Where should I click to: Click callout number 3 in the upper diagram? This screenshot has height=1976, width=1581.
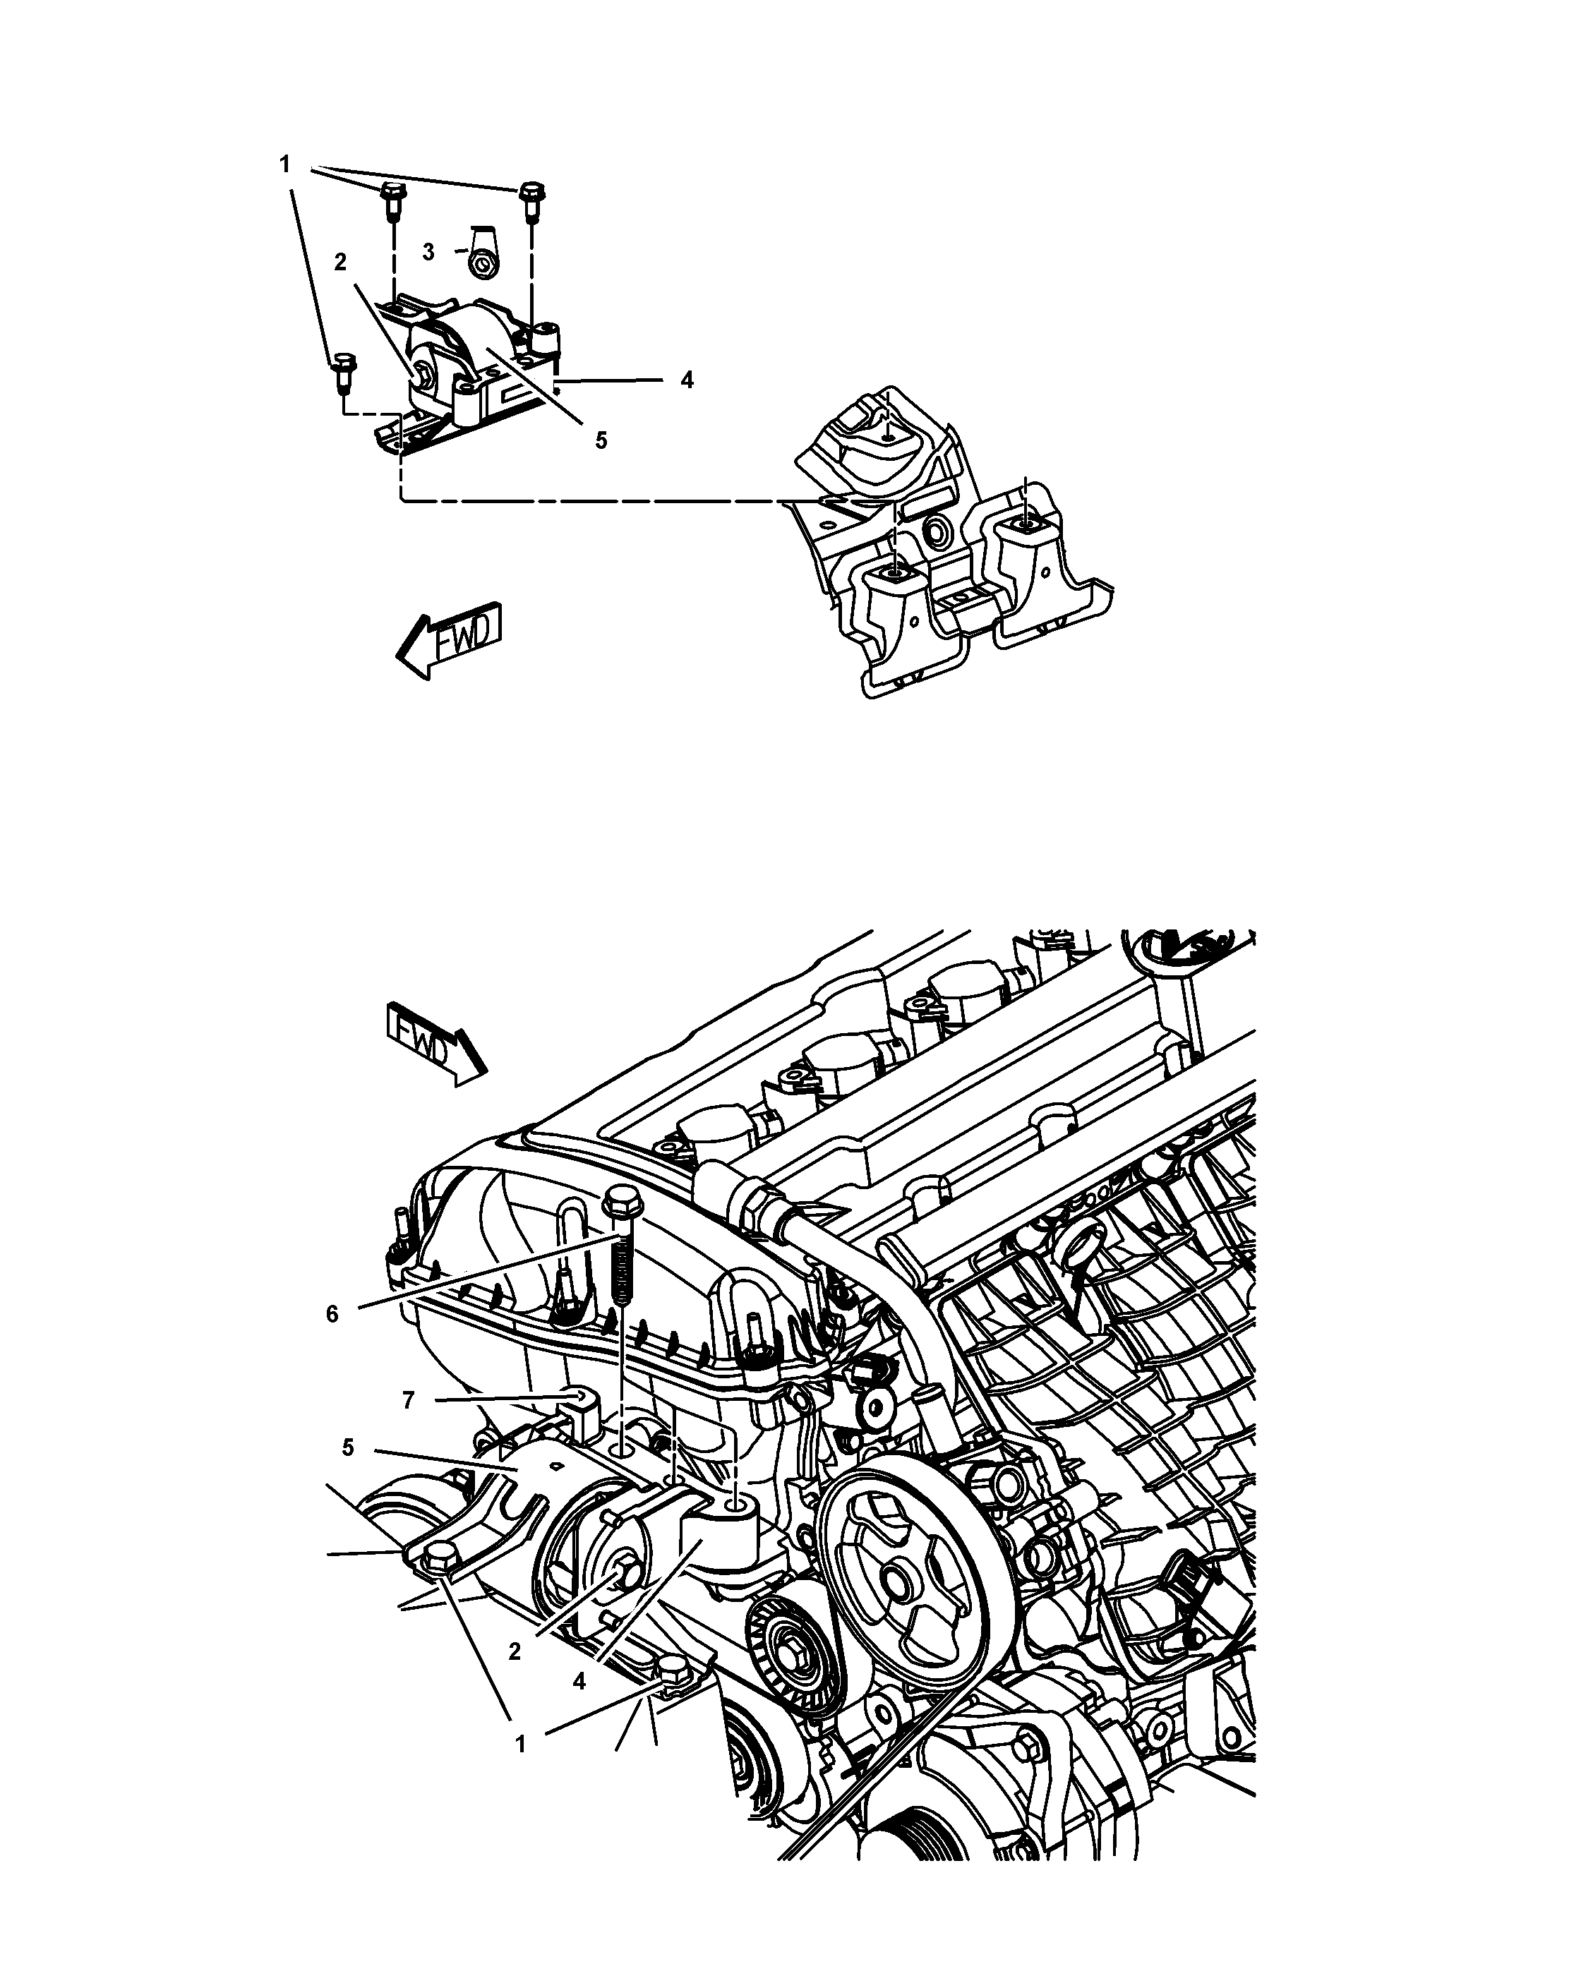point(428,252)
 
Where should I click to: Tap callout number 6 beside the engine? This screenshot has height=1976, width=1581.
point(332,1314)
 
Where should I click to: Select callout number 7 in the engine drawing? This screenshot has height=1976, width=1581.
point(409,1399)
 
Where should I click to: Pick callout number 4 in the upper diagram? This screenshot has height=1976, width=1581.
point(687,380)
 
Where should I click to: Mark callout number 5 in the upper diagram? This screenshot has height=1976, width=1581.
point(601,441)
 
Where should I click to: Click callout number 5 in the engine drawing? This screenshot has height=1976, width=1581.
point(347,1448)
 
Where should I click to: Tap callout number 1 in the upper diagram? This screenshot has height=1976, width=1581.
point(285,165)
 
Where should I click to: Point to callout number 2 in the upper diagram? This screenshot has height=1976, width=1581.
point(340,262)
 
